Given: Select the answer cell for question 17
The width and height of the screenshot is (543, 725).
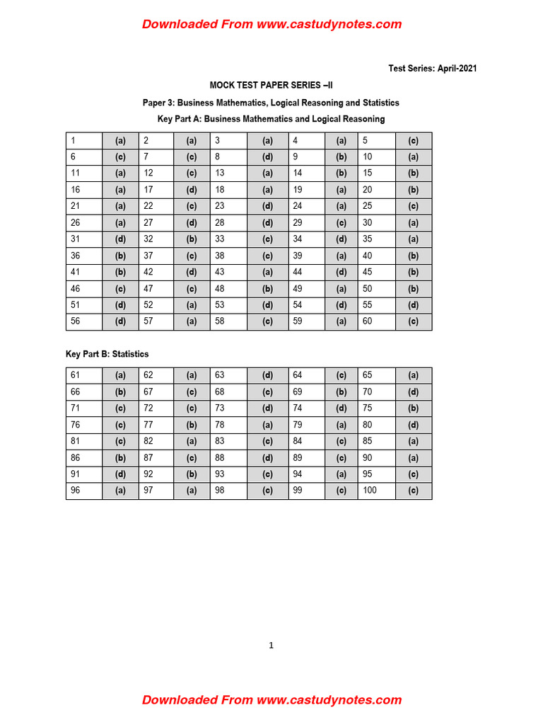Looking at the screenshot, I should click(191, 190).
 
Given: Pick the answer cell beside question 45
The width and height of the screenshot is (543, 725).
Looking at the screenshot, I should click(414, 272).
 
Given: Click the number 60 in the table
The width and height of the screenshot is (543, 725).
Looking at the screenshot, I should click(367, 321).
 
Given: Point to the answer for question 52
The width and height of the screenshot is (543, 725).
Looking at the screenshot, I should click(191, 305).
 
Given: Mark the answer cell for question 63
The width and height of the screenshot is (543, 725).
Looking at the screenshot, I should click(267, 375).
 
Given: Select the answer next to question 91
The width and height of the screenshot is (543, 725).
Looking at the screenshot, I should click(120, 474).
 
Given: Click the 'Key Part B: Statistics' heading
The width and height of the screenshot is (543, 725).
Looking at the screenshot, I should click(107, 354).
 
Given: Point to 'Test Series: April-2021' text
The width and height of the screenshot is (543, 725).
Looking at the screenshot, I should click(433, 69).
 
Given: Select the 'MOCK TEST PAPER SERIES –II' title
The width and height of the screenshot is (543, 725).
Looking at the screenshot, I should click(271, 86).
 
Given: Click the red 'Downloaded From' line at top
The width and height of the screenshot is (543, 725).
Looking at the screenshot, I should click(271, 24).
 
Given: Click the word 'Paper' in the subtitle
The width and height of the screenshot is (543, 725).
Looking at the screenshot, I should click(156, 103).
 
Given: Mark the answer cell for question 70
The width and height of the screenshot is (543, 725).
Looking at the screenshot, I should click(414, 392).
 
